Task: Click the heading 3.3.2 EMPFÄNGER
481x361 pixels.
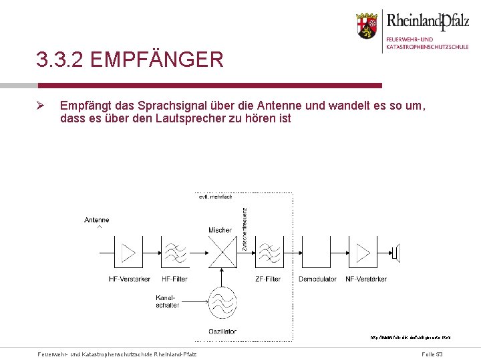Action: pyautogui.click(x=130, y=60)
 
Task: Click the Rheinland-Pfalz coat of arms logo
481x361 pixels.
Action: pyautogui.click(x=366, y=26)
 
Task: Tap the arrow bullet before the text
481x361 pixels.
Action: pyautogui.click(x=40, y=106)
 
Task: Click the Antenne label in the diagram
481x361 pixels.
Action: pyautogui.click(x=97, y=220)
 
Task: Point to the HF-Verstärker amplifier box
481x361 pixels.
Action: pyautogui.click(x=128, y=253)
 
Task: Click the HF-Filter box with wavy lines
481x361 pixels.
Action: pyautogui.click(x=174, y=253)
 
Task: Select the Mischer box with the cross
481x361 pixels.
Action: pyautogui.click(x=220, y=253)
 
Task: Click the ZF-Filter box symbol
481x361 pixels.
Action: pyautogui.click(x=268, y=253)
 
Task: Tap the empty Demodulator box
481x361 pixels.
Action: pyautogui.click(x=317, y=253)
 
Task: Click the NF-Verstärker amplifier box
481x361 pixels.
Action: pyautogui.click(x=365, y=253)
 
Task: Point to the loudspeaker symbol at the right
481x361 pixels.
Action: pyautogui.click(x=396, y=253)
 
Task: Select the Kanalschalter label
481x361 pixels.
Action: pyautogui.click(x=167, y=301)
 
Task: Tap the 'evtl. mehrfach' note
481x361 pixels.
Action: pyautogui.click(x=214, y=197)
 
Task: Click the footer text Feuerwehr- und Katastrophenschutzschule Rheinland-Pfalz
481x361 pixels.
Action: pyautogui.click(x=117, y=353)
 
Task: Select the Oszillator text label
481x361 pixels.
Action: pyautogui.click(x=222, y=331)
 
